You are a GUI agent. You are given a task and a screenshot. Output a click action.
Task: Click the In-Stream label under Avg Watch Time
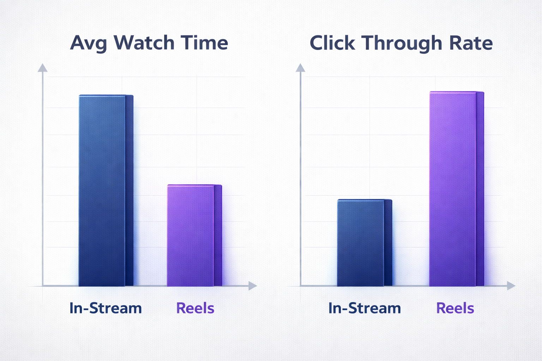[x=106, y=308]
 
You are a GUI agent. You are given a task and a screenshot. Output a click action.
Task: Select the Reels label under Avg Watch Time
[x=195, y=308]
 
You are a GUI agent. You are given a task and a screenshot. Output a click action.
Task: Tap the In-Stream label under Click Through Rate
[x=365, y=308]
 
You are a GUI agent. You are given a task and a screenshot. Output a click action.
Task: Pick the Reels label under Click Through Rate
[x=455, y=308]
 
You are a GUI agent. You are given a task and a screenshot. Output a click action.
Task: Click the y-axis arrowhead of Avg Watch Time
[x=42, y=67]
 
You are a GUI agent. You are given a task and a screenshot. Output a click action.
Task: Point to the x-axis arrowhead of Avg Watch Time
[x=252, y=286]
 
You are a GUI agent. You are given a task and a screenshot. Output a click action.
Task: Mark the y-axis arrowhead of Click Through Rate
[x=300, y=67]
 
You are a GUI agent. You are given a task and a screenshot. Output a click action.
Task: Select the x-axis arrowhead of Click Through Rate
[x=511, y=286]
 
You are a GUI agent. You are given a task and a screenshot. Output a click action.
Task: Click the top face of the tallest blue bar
[x=106, y=95]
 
